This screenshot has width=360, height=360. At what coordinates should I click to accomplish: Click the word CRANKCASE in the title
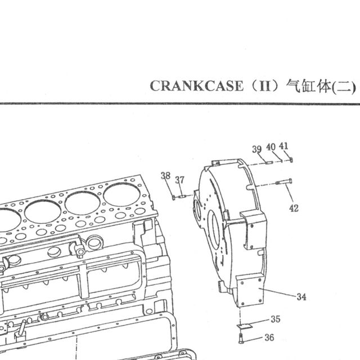196,86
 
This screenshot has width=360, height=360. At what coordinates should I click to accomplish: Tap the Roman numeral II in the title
265,86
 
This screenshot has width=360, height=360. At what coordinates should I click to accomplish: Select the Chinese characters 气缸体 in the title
309,86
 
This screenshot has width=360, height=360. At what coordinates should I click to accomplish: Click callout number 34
301,296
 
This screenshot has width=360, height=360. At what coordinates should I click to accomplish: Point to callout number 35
276,319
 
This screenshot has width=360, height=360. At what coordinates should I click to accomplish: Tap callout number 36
269,337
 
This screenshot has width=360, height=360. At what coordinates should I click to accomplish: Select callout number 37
180,180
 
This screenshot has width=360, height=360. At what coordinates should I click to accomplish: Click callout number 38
165,175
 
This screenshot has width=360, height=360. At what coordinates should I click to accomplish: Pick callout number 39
257,149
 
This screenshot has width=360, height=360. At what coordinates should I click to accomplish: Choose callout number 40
271,147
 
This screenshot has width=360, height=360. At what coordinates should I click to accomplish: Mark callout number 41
283,146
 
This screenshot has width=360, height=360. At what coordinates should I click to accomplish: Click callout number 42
294,208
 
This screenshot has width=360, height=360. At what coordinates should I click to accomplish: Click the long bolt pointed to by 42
283,182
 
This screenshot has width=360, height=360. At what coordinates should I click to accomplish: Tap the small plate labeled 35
245,326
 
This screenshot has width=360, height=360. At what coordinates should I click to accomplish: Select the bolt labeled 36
241,339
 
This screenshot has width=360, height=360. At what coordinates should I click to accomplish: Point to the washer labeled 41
291,160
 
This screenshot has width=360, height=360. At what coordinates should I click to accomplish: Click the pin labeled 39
269,163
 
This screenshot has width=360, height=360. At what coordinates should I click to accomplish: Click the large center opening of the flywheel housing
214,230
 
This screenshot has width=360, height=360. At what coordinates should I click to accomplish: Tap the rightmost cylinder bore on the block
121,195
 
